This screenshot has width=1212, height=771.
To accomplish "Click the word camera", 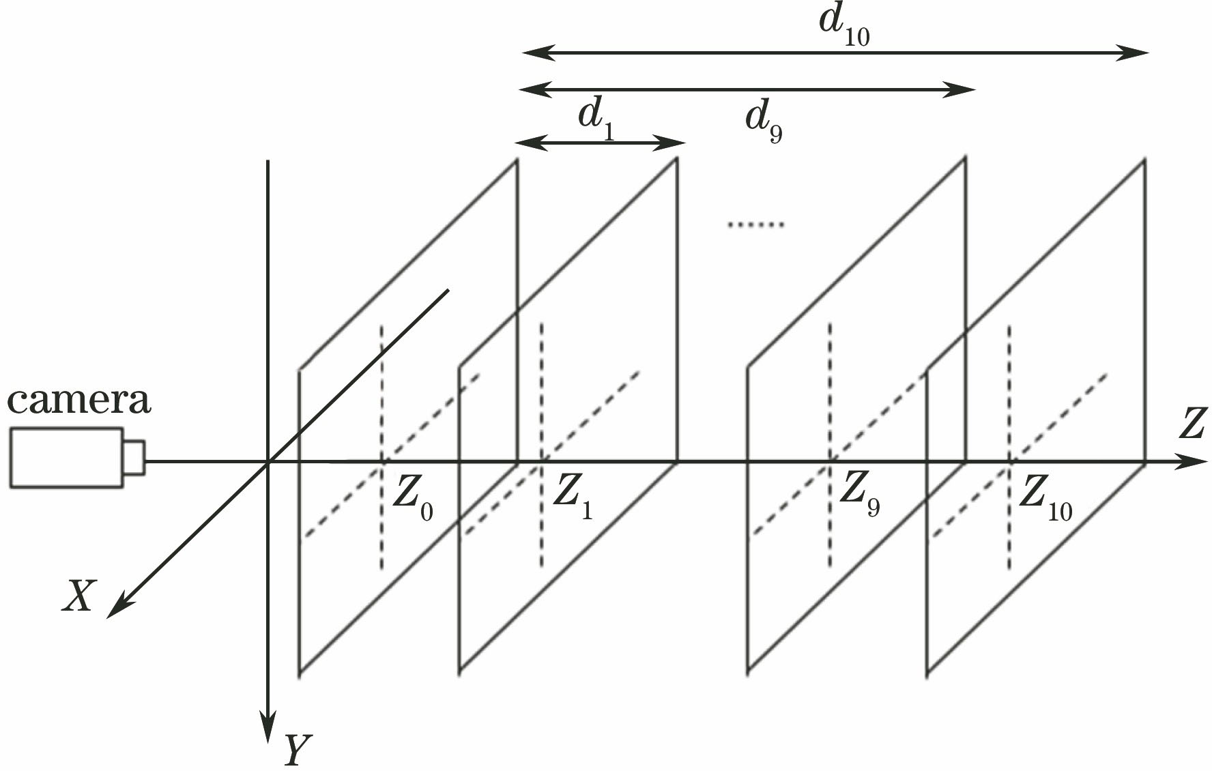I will [x=78, y=401].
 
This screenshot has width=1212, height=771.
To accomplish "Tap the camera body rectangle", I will [x=66, y=457].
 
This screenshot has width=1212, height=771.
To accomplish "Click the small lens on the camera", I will [x=134, y=457].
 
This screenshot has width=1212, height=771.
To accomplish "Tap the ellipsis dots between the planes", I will [x=755, y=224].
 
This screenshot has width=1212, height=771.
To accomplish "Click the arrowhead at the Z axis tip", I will [x=1191, y=462].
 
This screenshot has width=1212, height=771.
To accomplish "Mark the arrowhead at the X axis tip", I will [x=119, y=608].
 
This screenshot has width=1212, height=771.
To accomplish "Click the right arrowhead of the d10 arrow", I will [x=1136, y=52].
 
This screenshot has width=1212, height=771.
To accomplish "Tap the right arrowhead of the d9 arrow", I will [x=962, y=89].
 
